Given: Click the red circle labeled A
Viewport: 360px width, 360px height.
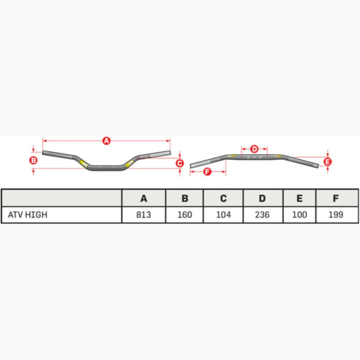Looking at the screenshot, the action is (106, 141).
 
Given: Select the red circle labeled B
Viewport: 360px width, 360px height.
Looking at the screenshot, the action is (33, 160).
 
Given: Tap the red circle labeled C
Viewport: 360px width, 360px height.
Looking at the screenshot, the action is (180, 163).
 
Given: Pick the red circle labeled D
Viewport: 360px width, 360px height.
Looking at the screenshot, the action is (254, 149).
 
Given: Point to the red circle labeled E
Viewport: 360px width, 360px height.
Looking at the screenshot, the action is (327, 162).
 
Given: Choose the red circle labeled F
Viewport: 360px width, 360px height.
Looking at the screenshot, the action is (207, 171).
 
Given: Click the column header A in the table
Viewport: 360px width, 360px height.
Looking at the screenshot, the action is (144, 198).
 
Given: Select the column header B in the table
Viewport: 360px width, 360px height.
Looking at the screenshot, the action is (185, 198).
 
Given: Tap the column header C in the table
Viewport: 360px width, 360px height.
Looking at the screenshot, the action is (224, 198).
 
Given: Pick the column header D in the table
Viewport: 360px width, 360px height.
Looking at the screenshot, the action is (262, 198).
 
